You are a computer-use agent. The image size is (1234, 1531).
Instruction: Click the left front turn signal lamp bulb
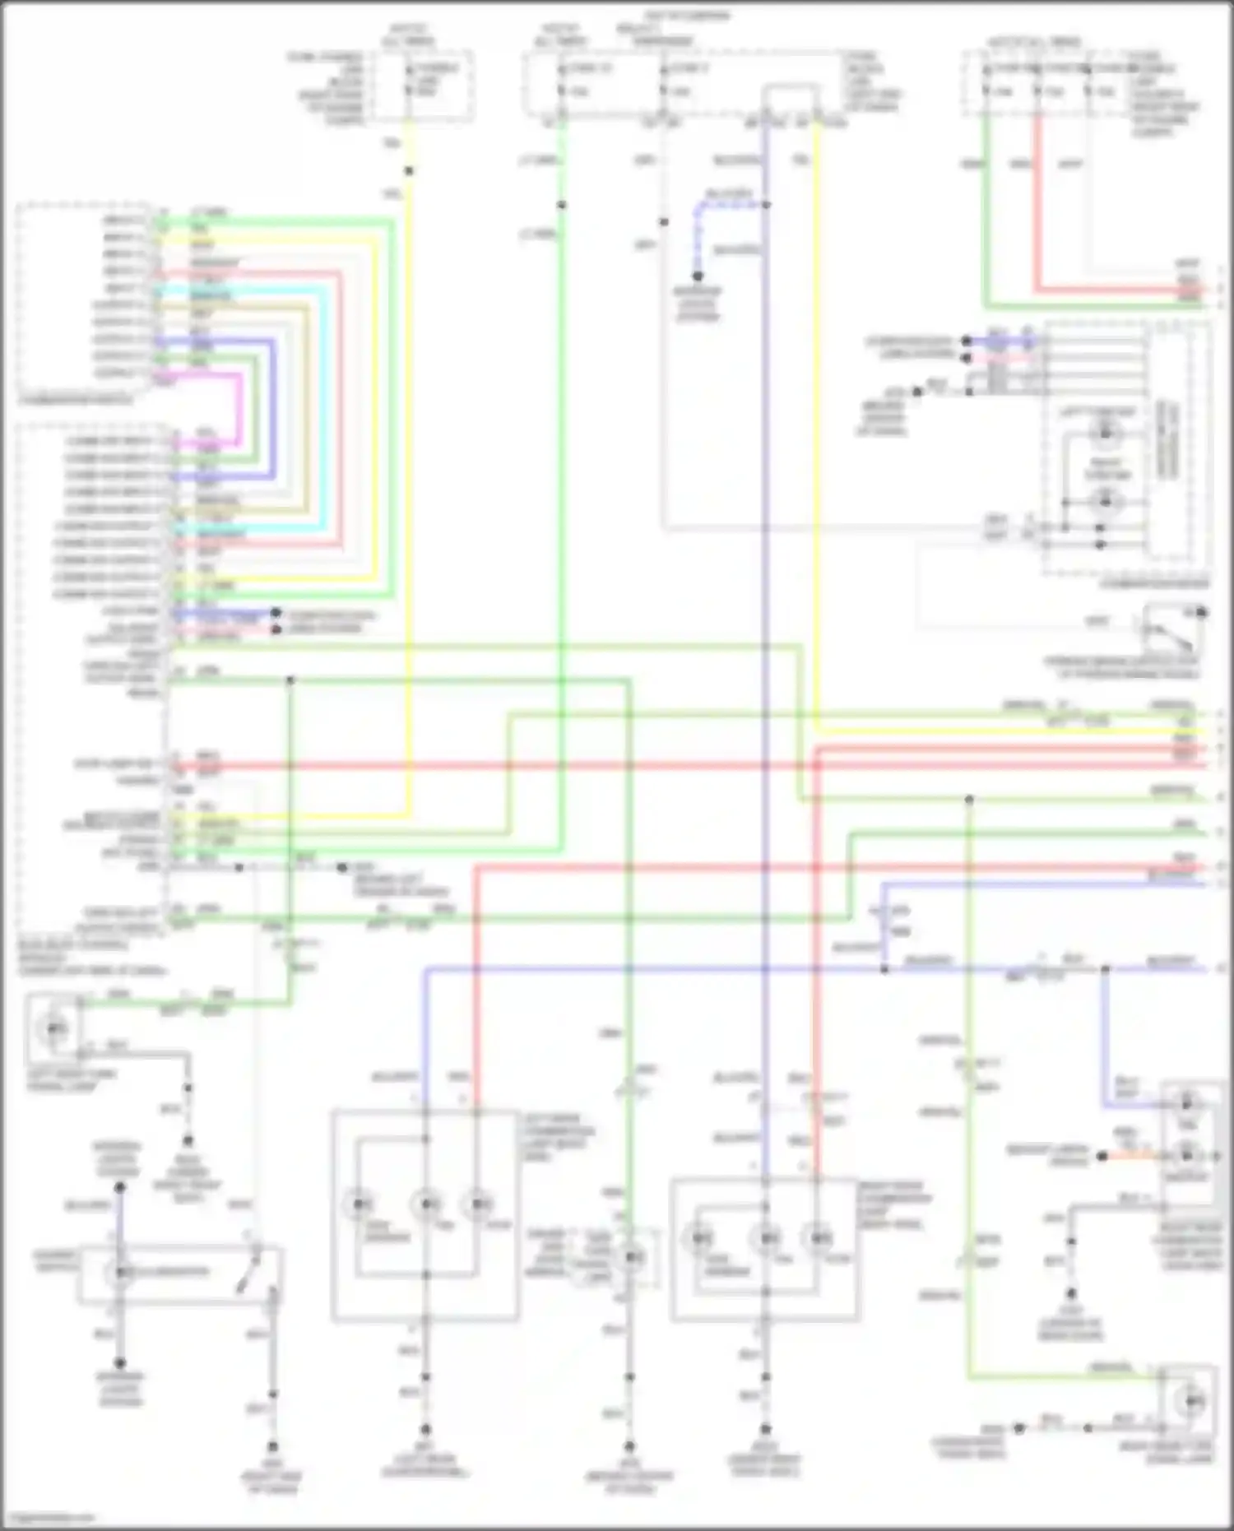(54, 1028)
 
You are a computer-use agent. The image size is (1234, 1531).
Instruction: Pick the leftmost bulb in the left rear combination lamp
(360, 1205)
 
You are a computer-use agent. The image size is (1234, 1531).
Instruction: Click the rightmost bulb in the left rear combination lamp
(477, 1205)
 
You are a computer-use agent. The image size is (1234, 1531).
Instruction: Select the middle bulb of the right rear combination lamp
(766, 1238)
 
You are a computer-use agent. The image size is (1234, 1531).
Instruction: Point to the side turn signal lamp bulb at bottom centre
(632, 1257)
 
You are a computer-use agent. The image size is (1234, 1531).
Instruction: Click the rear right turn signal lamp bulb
(1190, 1399)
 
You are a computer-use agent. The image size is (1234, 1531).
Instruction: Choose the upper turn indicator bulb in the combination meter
(1105, 433)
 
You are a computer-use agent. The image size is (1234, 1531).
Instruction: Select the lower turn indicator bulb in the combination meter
(1105, 500)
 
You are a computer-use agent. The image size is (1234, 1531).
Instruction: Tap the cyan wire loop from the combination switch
(326, 411)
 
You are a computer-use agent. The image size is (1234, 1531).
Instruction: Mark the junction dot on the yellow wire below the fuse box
(409, 171)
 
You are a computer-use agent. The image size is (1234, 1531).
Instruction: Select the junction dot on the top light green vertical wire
(561, 205)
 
